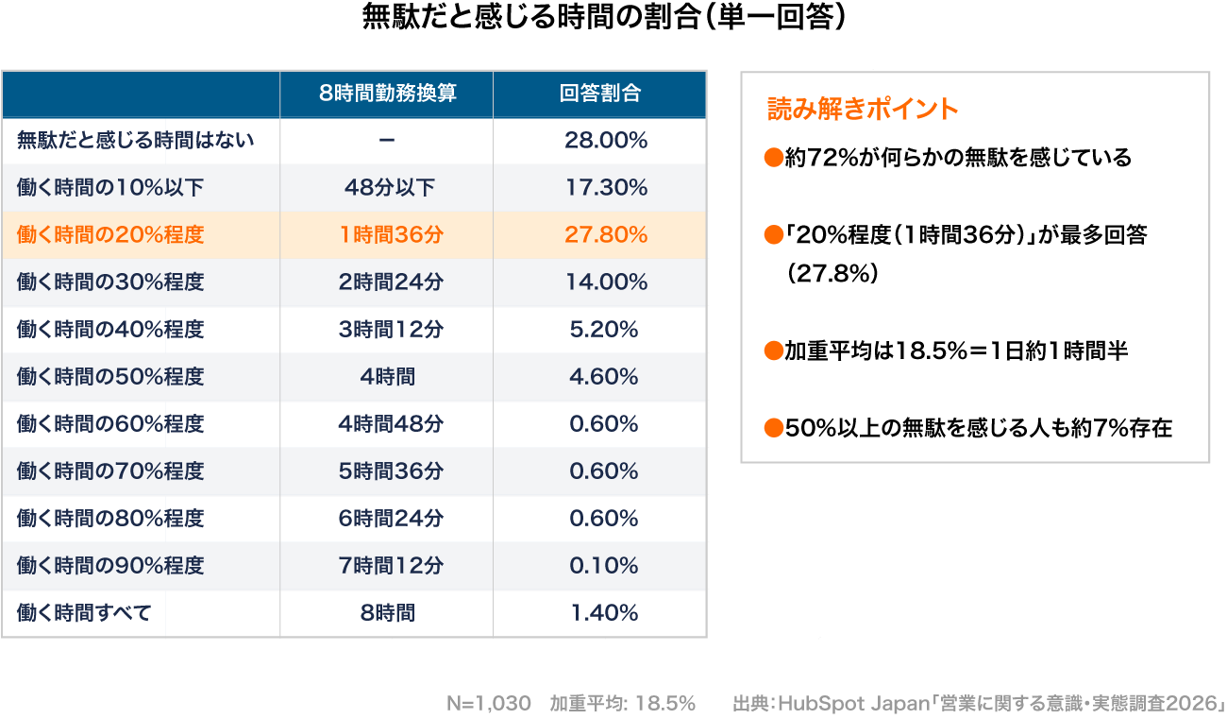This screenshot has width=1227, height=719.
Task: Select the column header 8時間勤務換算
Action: (x=387, y=94)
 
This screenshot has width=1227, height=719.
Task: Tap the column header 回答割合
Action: (x=599, y=94)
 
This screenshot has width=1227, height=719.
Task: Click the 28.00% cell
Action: (x=605, y=141)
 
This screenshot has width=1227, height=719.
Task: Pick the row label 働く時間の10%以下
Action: (x=110, y=188)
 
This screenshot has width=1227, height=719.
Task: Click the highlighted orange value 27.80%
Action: (x=605, y=235)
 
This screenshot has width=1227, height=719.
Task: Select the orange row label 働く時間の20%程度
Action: (x=110, y=235)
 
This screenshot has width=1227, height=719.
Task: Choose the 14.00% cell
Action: (x=605, y=282)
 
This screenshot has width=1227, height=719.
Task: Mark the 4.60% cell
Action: (x=604, y=377)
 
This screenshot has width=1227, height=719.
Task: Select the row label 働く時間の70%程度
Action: (x=110, y=471)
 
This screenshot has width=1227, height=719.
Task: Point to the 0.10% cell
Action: (x=604, y=566)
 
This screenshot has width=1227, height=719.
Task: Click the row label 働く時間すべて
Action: (x=84, y=613)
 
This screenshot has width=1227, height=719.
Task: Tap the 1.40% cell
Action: (x=604, y=613)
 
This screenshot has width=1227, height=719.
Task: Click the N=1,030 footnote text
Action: (x=488, y=704)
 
